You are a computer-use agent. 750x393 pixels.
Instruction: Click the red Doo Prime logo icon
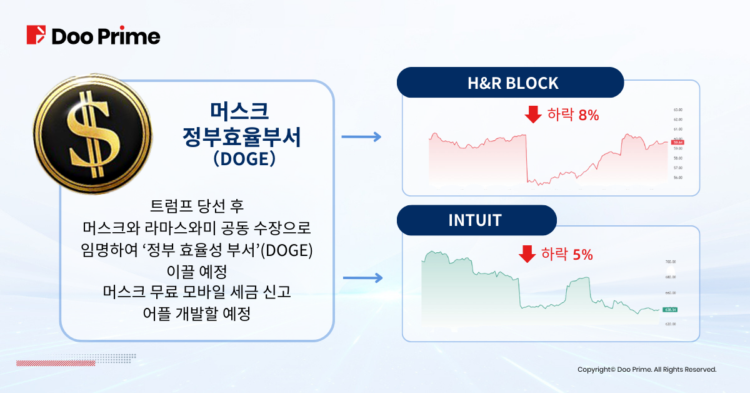coord(36,35)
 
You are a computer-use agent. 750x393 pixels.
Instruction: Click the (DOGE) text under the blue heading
coord(240,159)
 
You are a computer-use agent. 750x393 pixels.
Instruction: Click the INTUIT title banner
coord(476,220)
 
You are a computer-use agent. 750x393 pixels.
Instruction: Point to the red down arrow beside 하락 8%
coord(533,115)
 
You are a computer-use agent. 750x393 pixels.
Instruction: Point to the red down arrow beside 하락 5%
coord(527,254)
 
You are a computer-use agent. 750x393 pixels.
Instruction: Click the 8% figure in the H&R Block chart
coord(589,115)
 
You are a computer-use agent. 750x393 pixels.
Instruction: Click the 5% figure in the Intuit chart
coord(582,255)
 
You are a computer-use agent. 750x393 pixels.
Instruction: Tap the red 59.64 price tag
coord(677,143)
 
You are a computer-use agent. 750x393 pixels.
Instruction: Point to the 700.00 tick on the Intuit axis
coord(670,262)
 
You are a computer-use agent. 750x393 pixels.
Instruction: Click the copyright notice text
coord(646,370)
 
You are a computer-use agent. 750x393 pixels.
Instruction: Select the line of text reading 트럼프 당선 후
coord(196,206)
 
